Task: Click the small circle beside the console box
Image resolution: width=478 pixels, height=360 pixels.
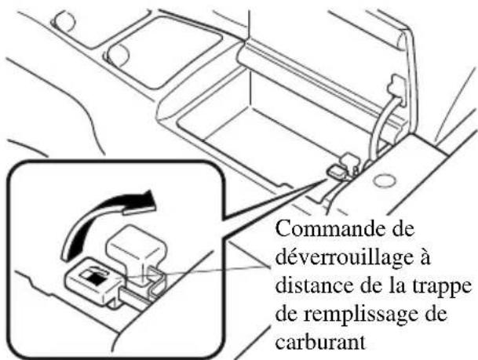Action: (384, 180)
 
